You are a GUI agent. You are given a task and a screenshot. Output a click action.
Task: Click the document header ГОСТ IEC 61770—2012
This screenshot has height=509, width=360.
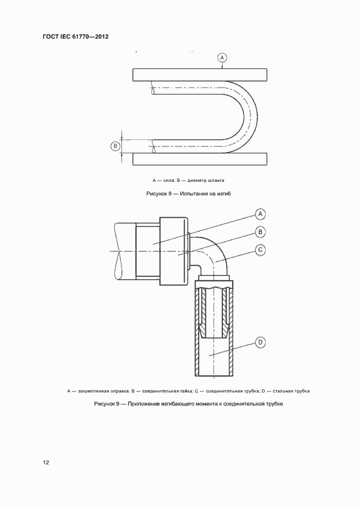(x=76, y=37)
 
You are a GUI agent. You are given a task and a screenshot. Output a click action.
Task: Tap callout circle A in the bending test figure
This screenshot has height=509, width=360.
(x=222, y=57)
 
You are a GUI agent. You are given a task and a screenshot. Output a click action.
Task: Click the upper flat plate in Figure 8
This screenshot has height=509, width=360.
(x=199, y=75)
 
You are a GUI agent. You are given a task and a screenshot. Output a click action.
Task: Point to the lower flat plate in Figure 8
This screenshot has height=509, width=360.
(x=199, y=159)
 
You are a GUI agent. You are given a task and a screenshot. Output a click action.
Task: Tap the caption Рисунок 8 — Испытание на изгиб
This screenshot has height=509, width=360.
(x=186, y=193)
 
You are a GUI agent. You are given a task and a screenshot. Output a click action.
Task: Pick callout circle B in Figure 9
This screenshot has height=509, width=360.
(x=260, y=232)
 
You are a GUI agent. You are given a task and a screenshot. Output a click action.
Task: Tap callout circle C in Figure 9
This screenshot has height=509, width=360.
(x=260, y=250)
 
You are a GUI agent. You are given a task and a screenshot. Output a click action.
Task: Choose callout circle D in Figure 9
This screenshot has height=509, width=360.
(x=260, y=342)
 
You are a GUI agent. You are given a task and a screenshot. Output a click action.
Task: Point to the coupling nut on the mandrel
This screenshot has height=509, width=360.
(x=174, y=250)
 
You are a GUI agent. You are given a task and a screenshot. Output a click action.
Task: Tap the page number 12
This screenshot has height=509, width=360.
(x=46, y=462)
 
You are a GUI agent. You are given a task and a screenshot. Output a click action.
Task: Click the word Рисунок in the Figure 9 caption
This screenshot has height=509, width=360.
(x=104, y=404)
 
